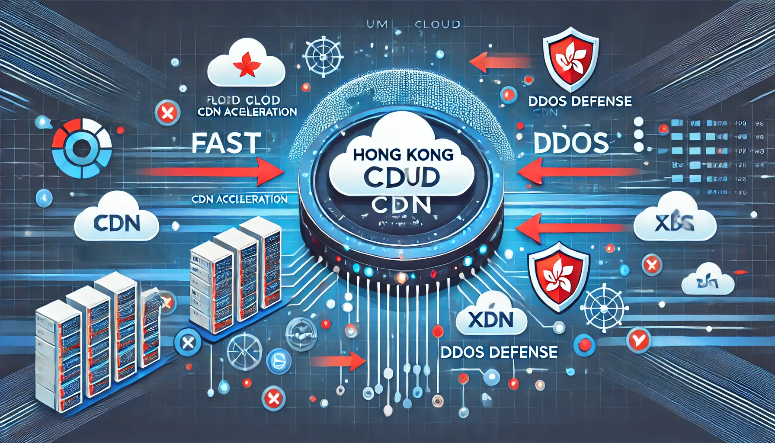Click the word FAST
pos(226,143)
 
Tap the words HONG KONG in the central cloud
pos(403,155)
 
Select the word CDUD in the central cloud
pos(402,177)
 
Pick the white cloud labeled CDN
pos(117,222)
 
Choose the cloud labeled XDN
pos(491,319)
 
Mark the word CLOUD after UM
pos(437,25)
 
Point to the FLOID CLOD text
pos(243,100)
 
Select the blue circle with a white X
pos(187,343)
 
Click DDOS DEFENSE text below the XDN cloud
pos(499,352)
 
